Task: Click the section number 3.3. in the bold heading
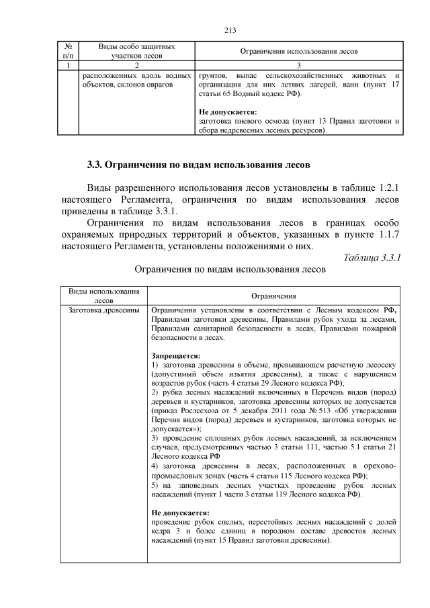pos(97,165)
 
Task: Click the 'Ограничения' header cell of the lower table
pos(273,296)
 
